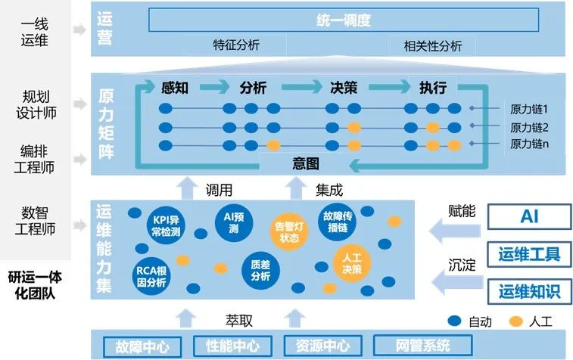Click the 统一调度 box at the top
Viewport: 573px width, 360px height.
click(343, 20)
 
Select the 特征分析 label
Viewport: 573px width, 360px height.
click(236, 45)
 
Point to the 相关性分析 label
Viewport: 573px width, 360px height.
click(427, 46)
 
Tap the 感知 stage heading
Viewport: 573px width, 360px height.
click(175, 87)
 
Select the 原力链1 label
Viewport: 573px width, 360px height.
click(528, 109)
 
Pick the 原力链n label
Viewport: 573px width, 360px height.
click(528, 144)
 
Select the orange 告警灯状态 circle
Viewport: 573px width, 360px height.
click(290, 231)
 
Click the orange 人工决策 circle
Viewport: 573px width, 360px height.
click(352, 262)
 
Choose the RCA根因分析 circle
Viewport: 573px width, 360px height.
click(151, 275)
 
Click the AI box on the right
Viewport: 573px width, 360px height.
click(528, 217)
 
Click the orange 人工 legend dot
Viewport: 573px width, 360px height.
click(517, 321)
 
